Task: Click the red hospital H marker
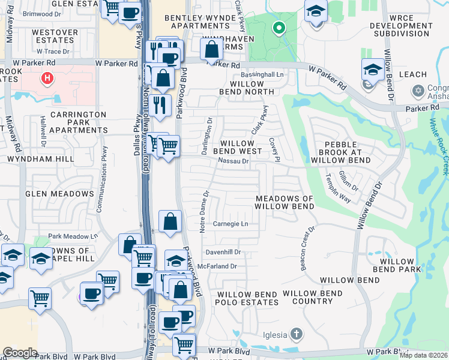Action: coord(46,78)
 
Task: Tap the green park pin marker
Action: coord(278,28)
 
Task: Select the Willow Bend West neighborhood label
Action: coord(241,148)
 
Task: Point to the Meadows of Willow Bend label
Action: coord(285,202)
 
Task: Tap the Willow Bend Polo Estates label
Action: coord(247,299)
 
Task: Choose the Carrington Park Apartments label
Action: coord(79,122)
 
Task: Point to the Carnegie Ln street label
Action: coord(231,224)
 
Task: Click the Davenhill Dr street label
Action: coord(223,252)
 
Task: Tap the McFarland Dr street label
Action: coord(221,266)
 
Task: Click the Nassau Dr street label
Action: coord(234,161)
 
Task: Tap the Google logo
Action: coord(20,352)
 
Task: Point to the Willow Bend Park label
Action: coord(393,266)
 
